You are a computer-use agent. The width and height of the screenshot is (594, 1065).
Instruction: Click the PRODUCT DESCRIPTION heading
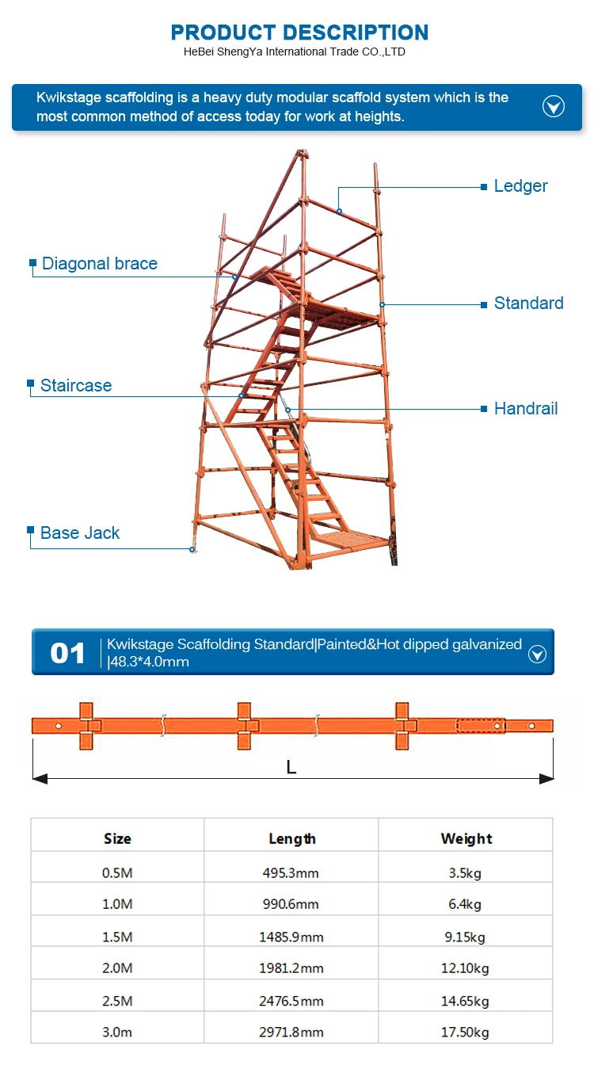pyautogui.click(x=299, y=32)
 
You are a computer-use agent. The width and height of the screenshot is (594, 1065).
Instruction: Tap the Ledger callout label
pyautogui.click(x=520, y=186)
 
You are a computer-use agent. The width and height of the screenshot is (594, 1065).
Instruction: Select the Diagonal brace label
pyautogui.click(x=100, y=264)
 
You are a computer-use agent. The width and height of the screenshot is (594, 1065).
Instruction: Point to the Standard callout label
pyautogui.click(x=528, y=303)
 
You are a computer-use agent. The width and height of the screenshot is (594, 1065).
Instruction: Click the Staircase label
pyautogui.click(x=76, y=386)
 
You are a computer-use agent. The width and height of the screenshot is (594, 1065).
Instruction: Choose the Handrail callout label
pyautogui.click(x=526, y=409)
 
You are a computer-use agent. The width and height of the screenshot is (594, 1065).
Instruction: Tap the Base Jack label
pyautogui.click(x=80, y=533)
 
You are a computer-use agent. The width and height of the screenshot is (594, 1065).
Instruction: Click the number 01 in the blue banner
pyautogui.click(x=67, y=653)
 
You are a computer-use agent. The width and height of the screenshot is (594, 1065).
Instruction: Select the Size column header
pyautogui.click(x=117, y=838)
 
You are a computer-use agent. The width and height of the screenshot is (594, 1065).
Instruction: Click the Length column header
pyautogui.click(x=291, y=838)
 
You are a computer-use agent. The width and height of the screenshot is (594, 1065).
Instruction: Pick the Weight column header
pyautogui.click(x=466, y=838)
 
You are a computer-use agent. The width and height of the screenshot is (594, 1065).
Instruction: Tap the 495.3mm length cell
pyautogui.click(x=291, y=873)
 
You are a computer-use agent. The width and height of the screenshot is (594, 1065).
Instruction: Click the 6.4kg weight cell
pyautogui.click(x=465, y=904)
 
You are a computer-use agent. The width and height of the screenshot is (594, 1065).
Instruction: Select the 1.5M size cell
pyautogui.click(x=117, y=937)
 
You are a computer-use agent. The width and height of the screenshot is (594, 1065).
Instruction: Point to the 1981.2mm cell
pyautogui.click(x=291, y=968)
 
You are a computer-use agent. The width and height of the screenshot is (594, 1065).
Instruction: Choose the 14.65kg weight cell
pyautogui.click(x=465, y=1000)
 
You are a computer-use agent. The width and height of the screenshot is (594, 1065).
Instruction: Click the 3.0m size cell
pyautogui.click(x=117, y=1032)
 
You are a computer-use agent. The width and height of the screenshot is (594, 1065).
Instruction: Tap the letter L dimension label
pyautogui.click(x=291, y=767)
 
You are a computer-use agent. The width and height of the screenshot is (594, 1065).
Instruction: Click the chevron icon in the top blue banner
pyautogui.click(x=553, y=107)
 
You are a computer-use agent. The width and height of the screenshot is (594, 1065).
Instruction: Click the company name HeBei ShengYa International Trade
pyautogui.click(x=294, y=52)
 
